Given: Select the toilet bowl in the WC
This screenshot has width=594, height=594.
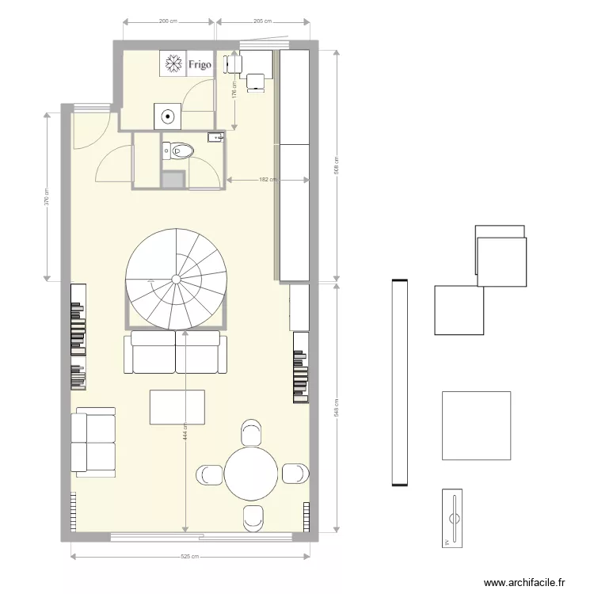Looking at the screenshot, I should point(180,150).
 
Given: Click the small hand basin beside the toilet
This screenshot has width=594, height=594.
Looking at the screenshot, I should point(215,138).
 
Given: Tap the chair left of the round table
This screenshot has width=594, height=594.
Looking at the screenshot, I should point(209,474).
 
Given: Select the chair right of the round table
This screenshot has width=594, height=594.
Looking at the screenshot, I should point(294,474).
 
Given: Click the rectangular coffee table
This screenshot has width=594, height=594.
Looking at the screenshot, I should point(177,407).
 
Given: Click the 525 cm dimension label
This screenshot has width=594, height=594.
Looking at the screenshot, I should point(188,557).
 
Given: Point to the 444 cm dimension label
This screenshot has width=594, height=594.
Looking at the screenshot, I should point(185,435).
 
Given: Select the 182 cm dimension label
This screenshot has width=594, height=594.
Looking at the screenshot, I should point(267,180).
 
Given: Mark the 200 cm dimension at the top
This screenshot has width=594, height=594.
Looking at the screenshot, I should point(166,21).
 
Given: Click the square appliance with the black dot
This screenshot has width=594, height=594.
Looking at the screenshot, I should point(168,116).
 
